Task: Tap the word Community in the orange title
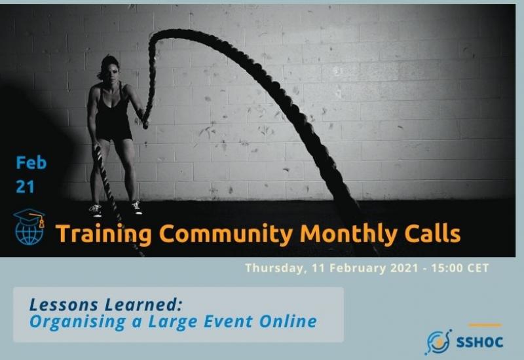pyautogui.click(x=226, y=234)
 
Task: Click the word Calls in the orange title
pyautogui.click(x=432, y=233)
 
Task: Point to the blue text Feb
pyautogui.click(x=31, y=162)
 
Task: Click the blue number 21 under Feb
pyautogui.click(x=25, y=187)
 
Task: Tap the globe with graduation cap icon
pyautogui.click(x=29, y=226)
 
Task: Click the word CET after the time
pyautogui.click(x=478, y=268)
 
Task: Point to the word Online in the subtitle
pyautogui.click(x=288, y=321)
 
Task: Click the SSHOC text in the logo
pyautogui.click(x=479, y=342)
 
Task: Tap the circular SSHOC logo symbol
pyautogui.click(x=438, y=342)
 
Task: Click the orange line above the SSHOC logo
pyautogui.click(x=485, y=325)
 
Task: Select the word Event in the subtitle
pyautogui.click(x=228, y=321)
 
